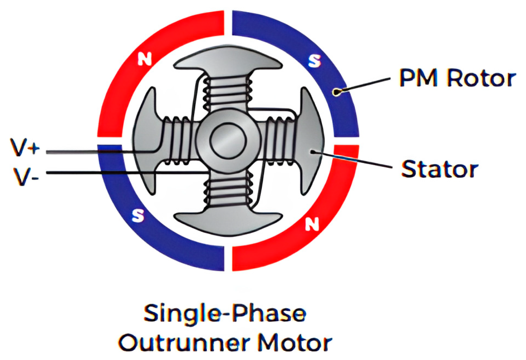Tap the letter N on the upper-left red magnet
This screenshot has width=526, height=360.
[145, 59]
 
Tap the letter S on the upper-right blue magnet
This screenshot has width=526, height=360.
[314, 61]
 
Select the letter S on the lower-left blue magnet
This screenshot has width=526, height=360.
[138, 216]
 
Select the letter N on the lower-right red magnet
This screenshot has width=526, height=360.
[312, 225]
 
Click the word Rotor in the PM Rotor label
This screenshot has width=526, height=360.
[481, 78]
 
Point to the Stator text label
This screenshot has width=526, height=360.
[440, 169]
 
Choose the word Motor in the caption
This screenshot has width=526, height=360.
[295, 342]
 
